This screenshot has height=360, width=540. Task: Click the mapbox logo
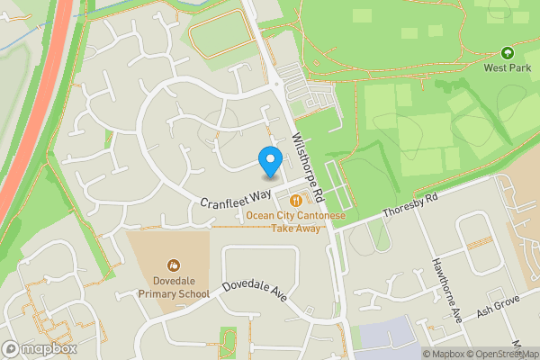(x=40, y=348)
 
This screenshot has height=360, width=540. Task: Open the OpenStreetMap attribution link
(x=502, y=354)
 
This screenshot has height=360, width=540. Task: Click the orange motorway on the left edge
(x=36, y=117)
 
